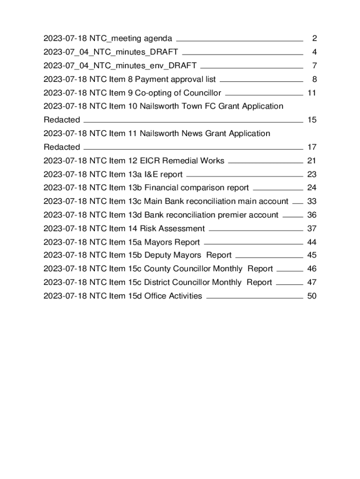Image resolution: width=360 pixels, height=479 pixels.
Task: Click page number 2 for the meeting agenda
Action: (x=315, y=38)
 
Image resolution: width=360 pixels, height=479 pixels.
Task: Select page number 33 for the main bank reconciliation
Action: (x=312, y=201)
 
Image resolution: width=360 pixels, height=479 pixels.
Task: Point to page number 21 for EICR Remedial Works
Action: (x=312, y=160)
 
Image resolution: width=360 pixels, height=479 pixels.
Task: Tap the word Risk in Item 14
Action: (x=148, y=228)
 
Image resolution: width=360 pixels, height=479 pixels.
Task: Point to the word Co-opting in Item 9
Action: (x=152, y=93)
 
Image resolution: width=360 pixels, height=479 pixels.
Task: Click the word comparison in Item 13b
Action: (x=202, y=188)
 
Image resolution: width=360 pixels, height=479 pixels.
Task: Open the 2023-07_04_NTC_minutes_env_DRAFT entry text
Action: (x=120, y=65)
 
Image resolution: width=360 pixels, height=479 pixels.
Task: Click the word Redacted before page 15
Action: (x=62, y=120)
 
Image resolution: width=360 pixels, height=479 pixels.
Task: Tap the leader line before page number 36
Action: (x=293, y=217)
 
